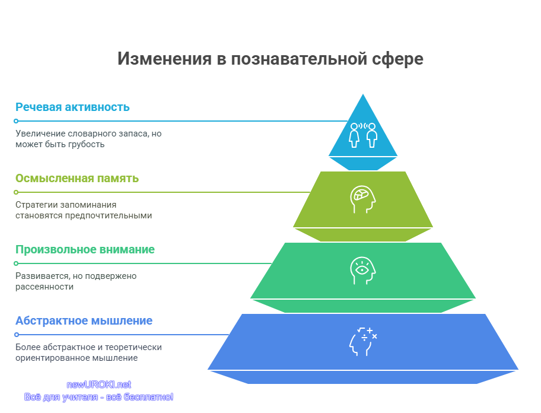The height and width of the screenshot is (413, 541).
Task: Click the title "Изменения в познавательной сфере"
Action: [x=270, y=59]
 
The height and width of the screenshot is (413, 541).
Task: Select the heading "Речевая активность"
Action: [x=72, y=107]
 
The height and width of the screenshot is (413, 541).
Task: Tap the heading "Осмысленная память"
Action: [x=77, y=179]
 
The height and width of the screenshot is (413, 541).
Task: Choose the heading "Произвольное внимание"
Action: [x=85, y=249]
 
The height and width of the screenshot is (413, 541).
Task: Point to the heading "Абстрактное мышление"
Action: [x=84, y=320]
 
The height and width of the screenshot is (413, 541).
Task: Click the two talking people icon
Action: [x=363, y=135]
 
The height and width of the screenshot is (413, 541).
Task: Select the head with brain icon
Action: [x=362, y=199]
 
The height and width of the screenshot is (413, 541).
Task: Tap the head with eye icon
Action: [x=362, y=271]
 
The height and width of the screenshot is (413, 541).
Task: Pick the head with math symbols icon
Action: [x=363, y=342]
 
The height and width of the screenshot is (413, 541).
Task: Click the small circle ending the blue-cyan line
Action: [x=16, y=121]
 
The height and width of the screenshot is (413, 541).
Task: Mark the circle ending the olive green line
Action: [x=16, y=192]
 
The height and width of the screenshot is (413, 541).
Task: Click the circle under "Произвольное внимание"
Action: [x=16, y=263]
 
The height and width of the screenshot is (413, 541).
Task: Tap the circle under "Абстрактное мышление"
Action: [x=16, y=335]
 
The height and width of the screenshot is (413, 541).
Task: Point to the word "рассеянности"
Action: [x=44, y=287]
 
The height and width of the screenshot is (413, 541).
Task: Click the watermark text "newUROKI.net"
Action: [x=98, y=385]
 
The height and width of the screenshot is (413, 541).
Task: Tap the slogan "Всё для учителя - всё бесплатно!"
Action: [x=98, y=397]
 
